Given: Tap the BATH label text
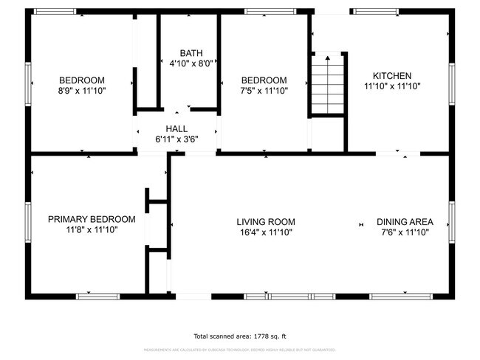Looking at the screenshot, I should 191,53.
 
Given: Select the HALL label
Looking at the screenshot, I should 176,128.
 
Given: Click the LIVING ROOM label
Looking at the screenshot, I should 266,221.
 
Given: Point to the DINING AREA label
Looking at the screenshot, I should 405,221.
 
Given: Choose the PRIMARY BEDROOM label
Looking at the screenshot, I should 92,219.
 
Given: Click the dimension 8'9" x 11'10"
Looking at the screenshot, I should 82,91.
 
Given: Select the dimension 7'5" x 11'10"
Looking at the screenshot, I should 264,91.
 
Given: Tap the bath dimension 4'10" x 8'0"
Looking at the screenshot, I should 191,63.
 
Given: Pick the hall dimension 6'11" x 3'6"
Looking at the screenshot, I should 176,139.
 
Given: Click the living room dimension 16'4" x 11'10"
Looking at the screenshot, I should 266,232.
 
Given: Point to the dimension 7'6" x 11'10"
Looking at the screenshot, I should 405,232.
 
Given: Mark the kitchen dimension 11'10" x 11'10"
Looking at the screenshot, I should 391,86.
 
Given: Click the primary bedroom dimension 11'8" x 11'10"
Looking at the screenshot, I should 92,229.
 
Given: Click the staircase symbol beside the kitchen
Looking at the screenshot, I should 326,85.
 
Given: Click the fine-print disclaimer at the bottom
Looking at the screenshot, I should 240,350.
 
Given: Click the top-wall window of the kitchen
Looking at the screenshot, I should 376,12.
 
